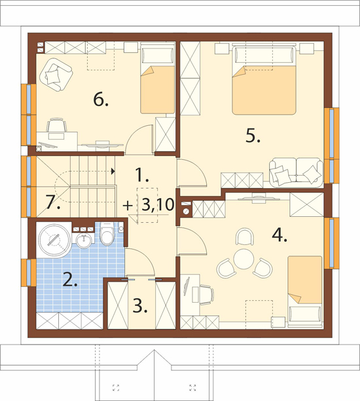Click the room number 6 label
coord(101,100)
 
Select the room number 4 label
coord(279,235)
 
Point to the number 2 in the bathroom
coord(70,279)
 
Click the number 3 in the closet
coord(140,306)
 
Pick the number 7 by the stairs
coord(53,202)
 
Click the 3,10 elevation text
coord(158,204)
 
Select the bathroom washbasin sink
coord(84,240)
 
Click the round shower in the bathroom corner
coord(54,240)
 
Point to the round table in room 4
coord(243,259)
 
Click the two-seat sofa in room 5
coord(296,172)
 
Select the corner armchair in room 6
coord(56,74)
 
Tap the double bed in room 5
coord(264,79)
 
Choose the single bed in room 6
coord(157,78)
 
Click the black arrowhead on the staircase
coord(113,172)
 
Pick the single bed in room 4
coord(305,292)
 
